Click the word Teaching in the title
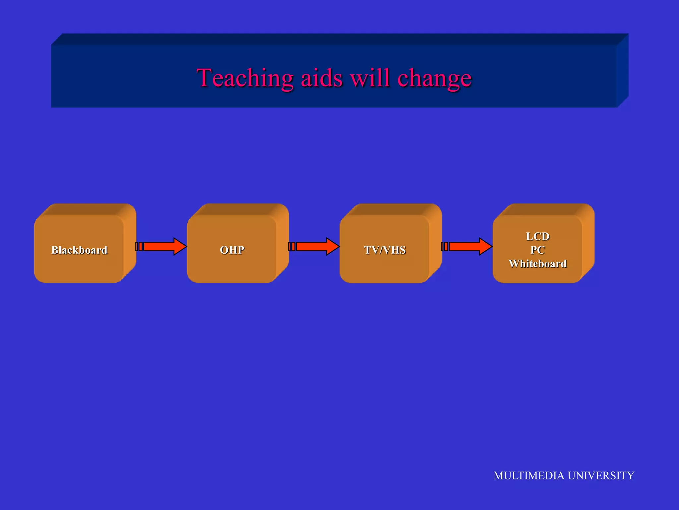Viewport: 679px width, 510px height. (245, 78)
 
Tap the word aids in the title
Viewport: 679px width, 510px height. (321, 78)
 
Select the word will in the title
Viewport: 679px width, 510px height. (370, 78)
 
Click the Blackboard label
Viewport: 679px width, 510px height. (79, 250)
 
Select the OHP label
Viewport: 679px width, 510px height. (232, 250)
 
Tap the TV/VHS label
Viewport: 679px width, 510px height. (385, 250)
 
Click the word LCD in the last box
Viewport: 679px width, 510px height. (537, 236)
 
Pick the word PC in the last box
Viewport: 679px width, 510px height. (537, 250)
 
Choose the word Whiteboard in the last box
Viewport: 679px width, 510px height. (537, 264)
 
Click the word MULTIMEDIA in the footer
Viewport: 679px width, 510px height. (529, 475)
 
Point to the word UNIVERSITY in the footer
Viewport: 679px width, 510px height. (601, 475)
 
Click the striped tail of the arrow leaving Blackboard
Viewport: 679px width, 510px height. (139, 246)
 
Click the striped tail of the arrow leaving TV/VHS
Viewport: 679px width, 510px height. (445, 246)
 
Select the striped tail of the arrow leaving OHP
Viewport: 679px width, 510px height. (292, 246)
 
